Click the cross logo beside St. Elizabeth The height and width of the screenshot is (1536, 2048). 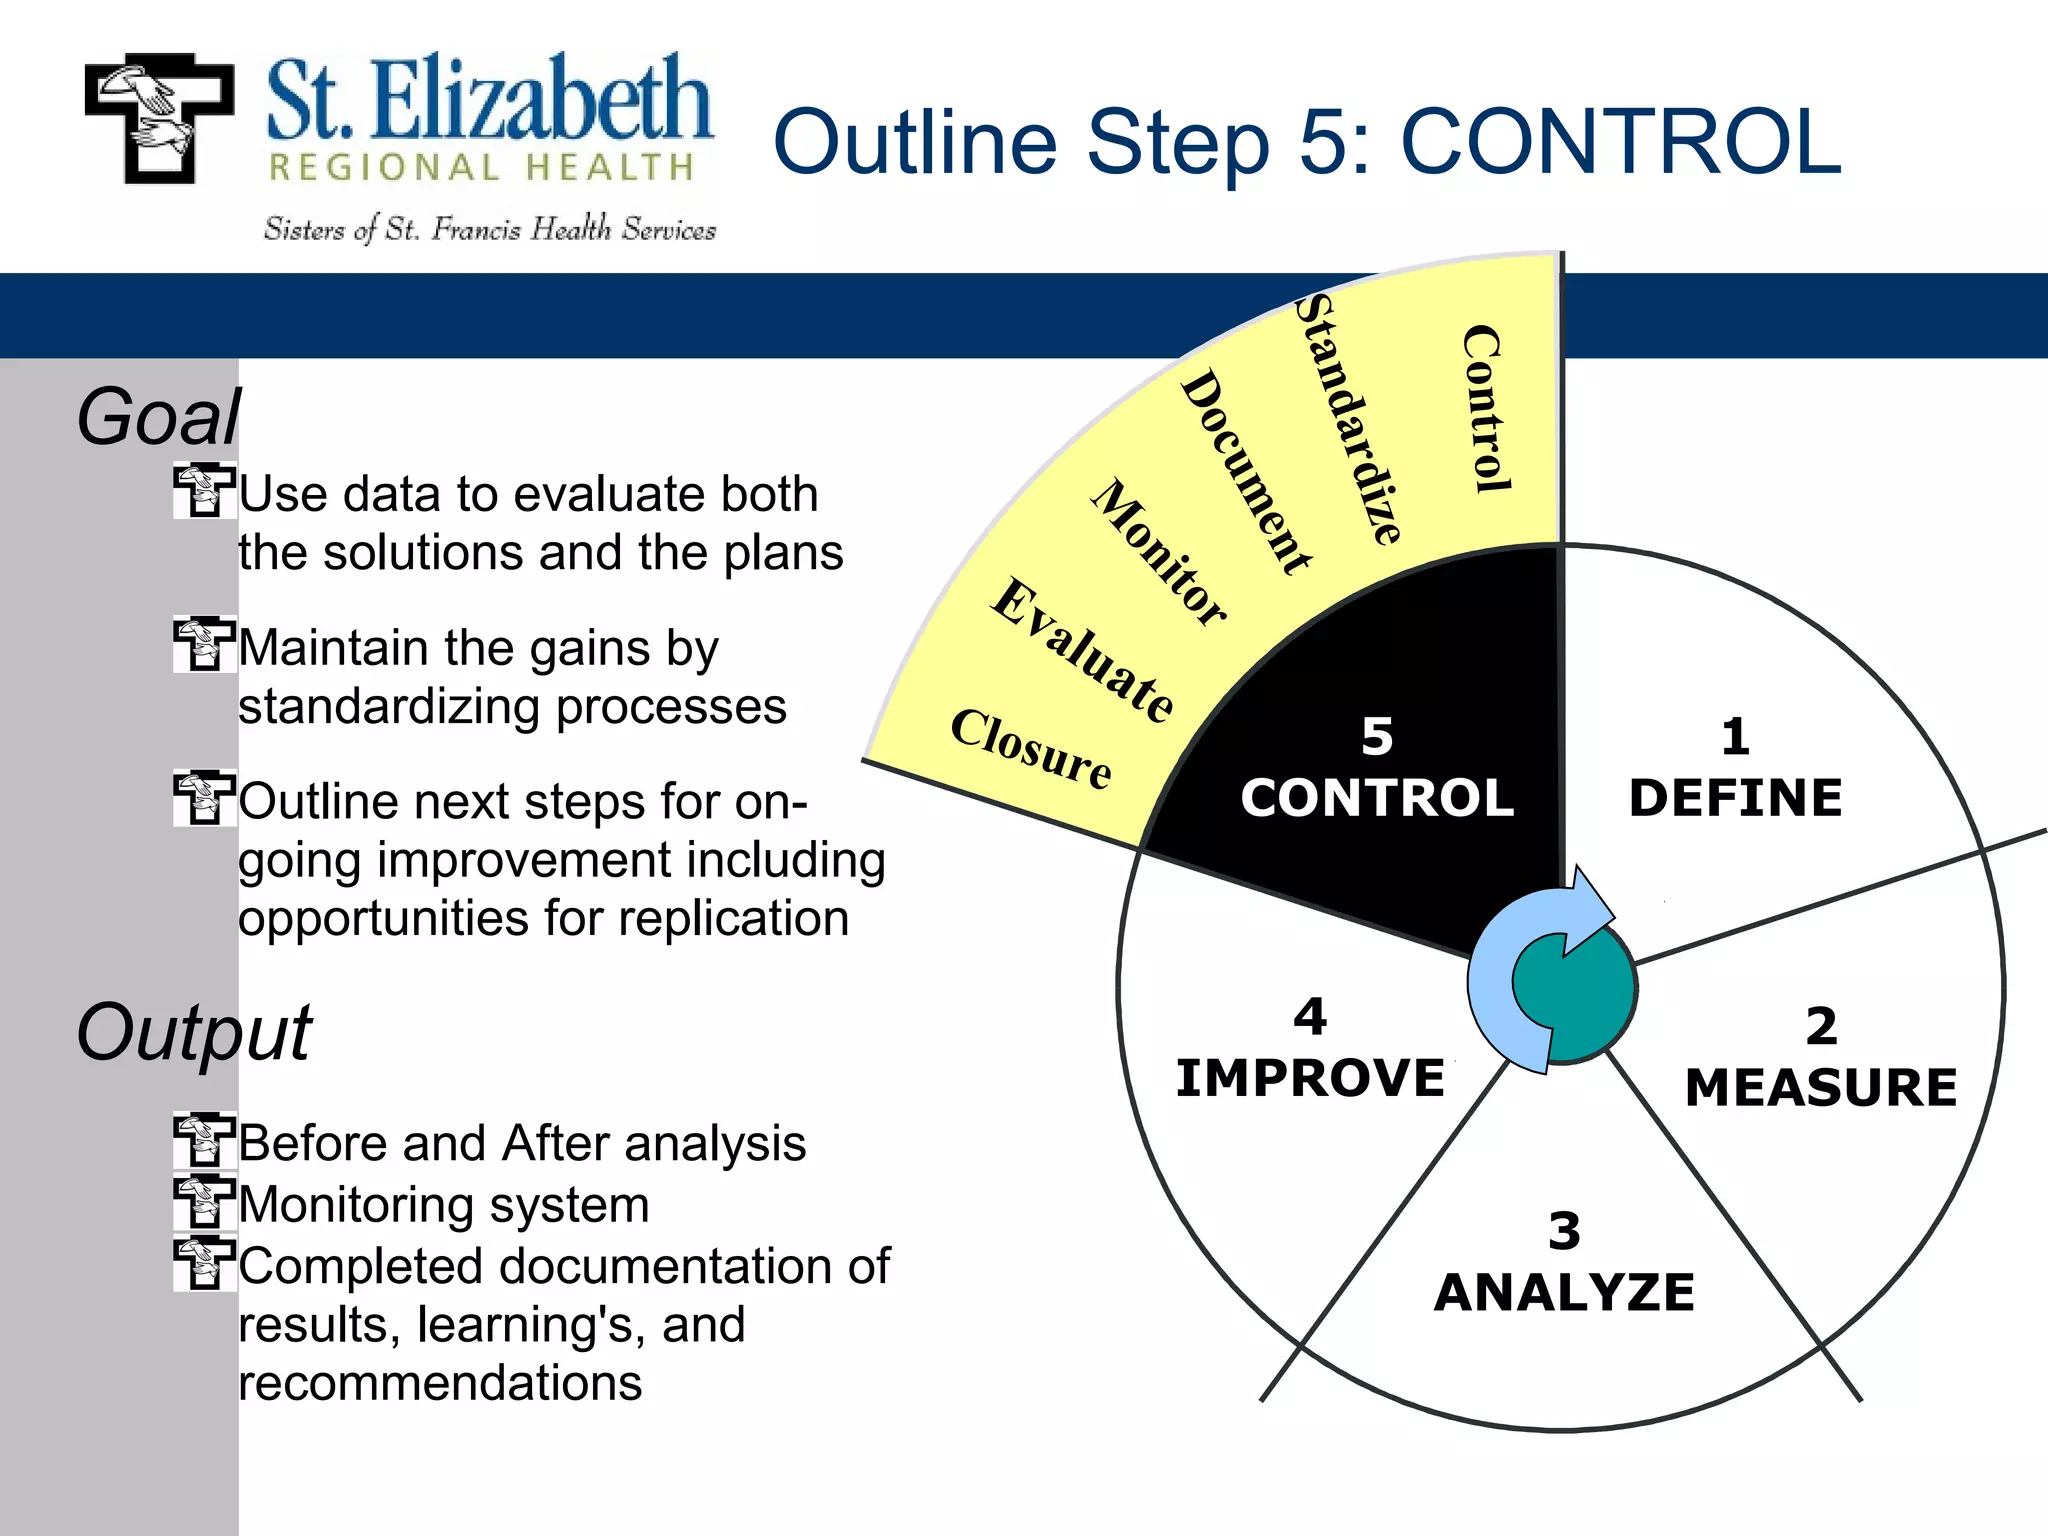pyautogui.click(x=159, y=119)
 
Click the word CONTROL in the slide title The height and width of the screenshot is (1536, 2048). pyautogui.click(x=1620, y=142)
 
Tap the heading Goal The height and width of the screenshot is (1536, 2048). pyautogui.click(x=159, y=417)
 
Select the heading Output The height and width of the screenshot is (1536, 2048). pyautogui.click(x=194, y=1032)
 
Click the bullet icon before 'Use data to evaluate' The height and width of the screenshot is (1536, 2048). pyautogui.click(x=204, y=491)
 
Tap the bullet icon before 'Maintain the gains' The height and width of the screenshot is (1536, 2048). pyautogui.click(x=204, y=645)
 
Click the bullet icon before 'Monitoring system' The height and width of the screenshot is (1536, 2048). pyautogui.click(x=204, y=1203)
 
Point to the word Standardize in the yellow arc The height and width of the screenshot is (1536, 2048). pyautogui.click(x=1348, y=420)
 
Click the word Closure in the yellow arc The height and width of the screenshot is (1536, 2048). pyautogui.click(x=1031, y=750)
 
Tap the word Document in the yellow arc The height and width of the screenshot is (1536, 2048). pyautogui.click(x=1245, y=471)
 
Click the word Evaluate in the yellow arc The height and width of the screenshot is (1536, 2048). pyautogui.click(x=1083, y=650)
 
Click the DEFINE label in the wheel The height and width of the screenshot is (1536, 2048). pyautogui.click(x=1735, y=798)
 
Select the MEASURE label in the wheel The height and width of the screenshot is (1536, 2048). pyautogui.click(x=1820, y=1088)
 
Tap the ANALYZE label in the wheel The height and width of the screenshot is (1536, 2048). pyautogui.click(x=1564, y=1292)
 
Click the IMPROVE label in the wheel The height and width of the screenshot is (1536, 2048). pyautogui.click(x=1310, y=1078)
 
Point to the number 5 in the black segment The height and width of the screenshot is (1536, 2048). pyautogui.click(x=1377, y=737)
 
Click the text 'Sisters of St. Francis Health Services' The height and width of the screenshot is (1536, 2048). pyautogui.click(x=490, y=230)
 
